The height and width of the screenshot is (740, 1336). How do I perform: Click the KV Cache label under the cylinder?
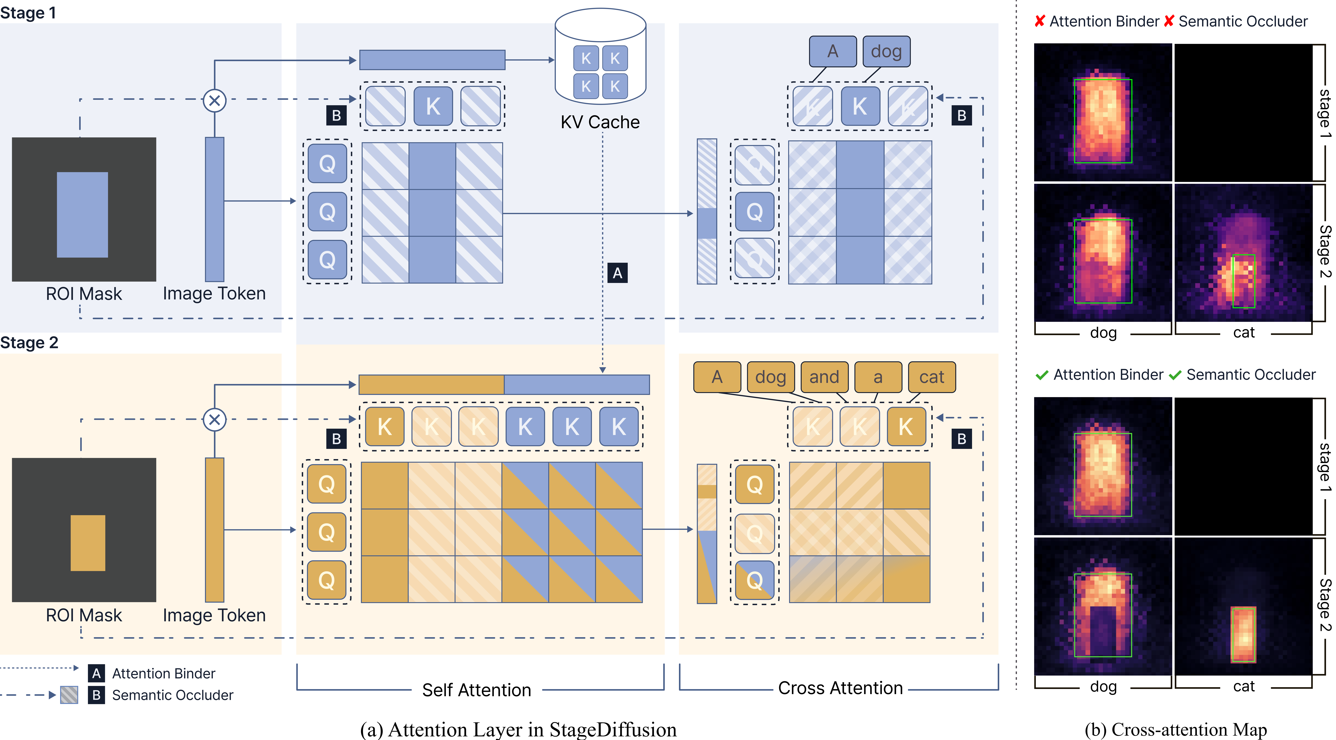[x=600, y=122]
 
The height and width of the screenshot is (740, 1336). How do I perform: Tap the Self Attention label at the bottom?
[x=477, y=690]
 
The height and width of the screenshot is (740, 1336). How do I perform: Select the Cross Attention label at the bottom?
[x=840, y=688]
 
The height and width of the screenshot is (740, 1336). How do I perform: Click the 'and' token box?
[x=824, y=377]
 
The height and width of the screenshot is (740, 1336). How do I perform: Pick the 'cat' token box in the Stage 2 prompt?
[x=931, y=377]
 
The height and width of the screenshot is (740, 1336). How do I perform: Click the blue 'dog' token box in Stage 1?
[x=886, y=51]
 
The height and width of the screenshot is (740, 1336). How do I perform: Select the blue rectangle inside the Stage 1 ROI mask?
[x=82, y=215]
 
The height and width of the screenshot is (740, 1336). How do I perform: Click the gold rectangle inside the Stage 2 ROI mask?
[x=88, y=543]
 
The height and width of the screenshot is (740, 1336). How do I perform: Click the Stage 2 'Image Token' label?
[x=214, y=615]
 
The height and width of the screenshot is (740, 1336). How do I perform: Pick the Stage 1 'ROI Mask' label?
[x=84, y=294]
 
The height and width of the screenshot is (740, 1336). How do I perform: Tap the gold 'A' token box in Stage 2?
[x=717, y=377]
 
